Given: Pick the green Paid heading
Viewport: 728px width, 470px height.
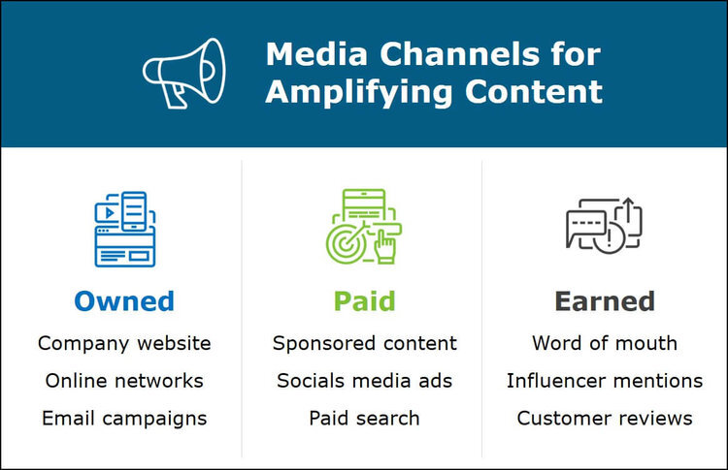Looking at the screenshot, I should tap(364, 301).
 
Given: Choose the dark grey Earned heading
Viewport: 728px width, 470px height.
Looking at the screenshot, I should tap(605, 301).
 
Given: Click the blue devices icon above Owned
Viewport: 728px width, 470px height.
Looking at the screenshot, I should tap(123, 229).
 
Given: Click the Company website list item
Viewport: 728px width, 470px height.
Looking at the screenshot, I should tap(123, 343).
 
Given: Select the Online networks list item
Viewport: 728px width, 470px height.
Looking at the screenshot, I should tap(123, 381).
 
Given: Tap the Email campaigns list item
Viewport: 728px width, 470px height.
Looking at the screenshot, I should tap(123, 419).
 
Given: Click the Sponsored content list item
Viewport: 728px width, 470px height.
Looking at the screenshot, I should tap(364, 343).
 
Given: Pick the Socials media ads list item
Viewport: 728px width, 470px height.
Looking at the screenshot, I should tap(364, 381).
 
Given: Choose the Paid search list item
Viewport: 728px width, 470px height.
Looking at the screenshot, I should tap(364, 419).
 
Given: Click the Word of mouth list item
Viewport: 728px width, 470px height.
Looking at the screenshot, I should tap(605, 343).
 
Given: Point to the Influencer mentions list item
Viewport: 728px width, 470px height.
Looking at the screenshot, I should tap(605, 381).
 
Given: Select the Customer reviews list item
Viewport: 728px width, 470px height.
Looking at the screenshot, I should tap(605, 419).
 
